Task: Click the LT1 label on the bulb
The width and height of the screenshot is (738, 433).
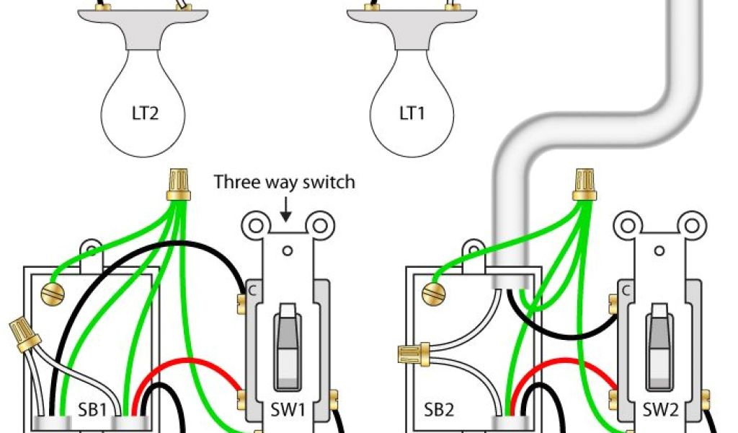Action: pos(412,114)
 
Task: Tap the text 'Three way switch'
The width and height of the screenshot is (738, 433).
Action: pos(285,182)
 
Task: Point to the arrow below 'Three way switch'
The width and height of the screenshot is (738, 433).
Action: pos(286,210)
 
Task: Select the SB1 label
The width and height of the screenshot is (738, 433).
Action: pos(93,410)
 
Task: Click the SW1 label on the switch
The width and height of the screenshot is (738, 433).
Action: pos(288,410)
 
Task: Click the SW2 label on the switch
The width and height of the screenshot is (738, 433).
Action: pos(661,410)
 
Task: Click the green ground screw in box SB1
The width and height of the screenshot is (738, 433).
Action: pos(51,293)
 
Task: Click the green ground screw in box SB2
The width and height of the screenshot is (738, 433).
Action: pos(432,293)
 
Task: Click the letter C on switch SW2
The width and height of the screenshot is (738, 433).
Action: pos(626,291)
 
